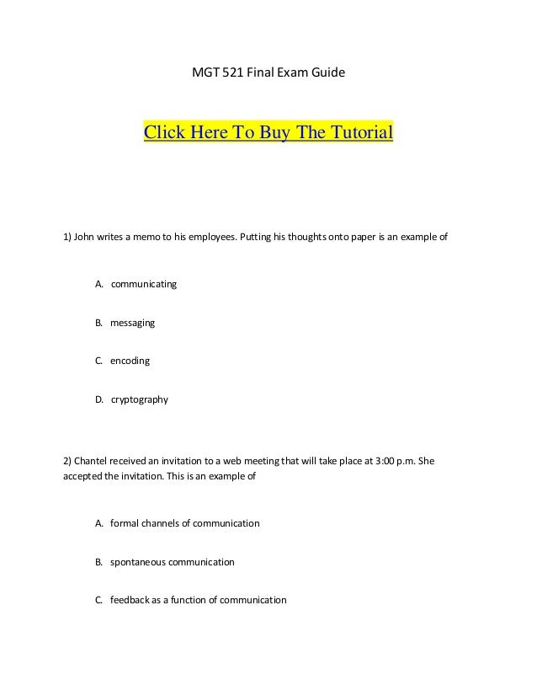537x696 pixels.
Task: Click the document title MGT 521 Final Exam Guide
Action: tap(268, 74)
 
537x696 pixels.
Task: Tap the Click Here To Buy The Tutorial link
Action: tap(268, 133)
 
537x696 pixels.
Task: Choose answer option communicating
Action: tap(144, 284)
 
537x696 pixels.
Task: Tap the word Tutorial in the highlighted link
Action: tap(361, 133)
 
